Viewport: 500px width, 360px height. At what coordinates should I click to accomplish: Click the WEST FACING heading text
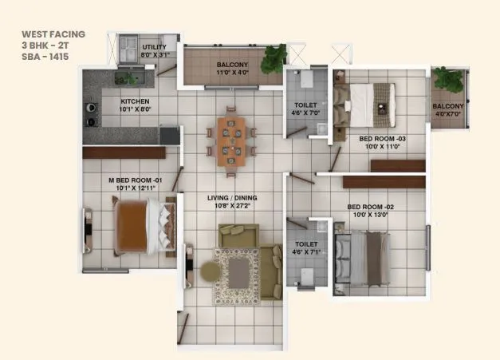(53, 34)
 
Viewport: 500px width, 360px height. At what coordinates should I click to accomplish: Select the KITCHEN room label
(135, 101)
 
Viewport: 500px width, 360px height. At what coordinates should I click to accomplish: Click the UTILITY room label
(155, 48)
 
